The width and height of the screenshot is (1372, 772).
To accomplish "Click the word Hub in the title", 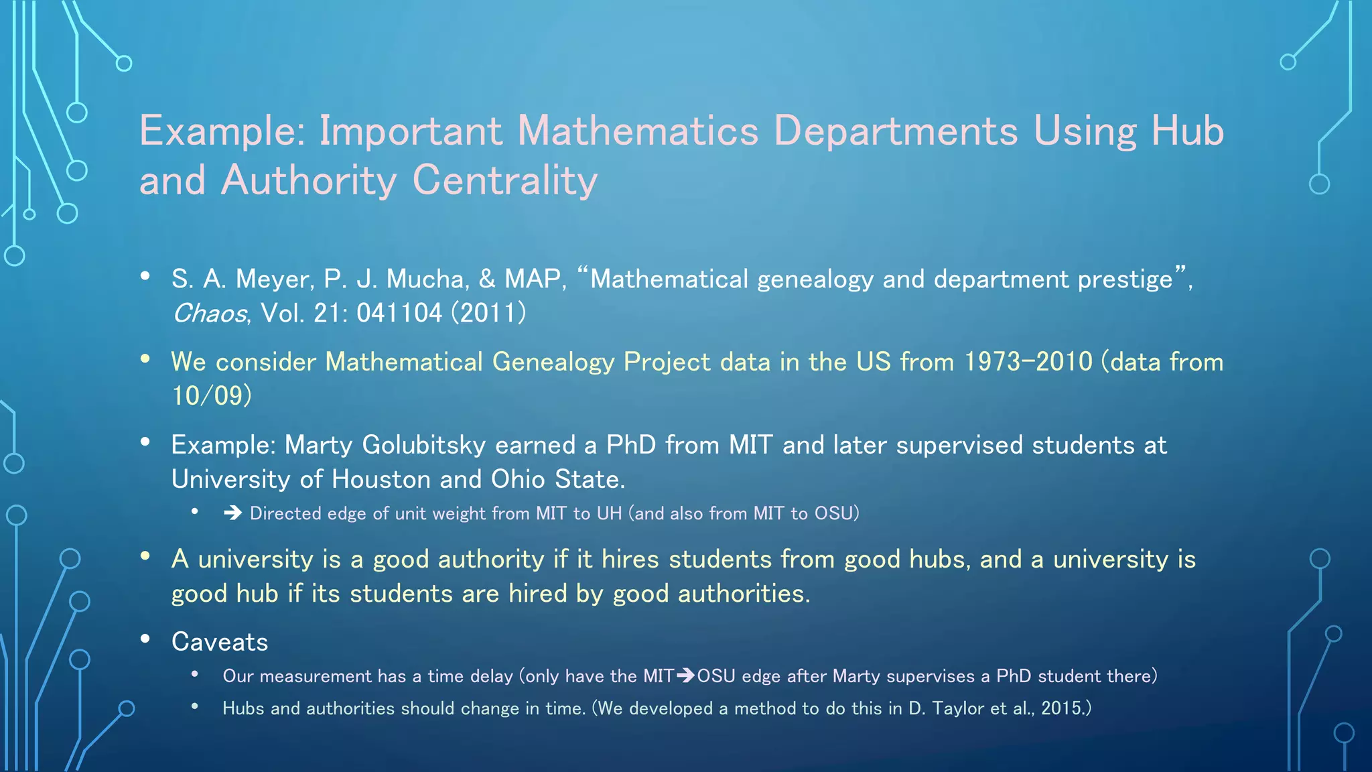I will [x=1187, y=131].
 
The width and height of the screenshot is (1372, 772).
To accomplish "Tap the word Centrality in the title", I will [x=505, y=181].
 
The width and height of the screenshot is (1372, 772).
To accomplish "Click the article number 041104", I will [x=399, y=313].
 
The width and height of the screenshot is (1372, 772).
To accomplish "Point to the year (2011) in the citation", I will [x=489, y=313].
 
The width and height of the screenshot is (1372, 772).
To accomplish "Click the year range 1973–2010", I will [x=1028, y=362].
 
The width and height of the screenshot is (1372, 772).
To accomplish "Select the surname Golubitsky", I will [x=424, y=445].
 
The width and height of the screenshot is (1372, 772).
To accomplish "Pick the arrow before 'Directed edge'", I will [x=232, y=513].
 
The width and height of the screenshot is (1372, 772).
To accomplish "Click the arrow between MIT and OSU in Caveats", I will [x=685, y=675].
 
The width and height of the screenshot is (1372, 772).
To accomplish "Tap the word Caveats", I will [x=220, y=642].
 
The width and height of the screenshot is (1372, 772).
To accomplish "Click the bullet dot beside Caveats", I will [x=145, y=639].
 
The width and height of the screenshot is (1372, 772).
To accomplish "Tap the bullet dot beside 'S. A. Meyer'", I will [x=145, y=276].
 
